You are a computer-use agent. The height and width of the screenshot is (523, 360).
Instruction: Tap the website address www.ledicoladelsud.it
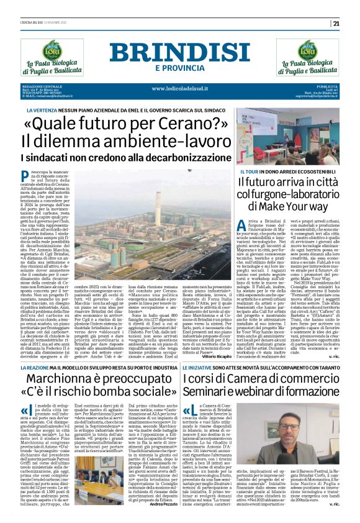tap(179, 88)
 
